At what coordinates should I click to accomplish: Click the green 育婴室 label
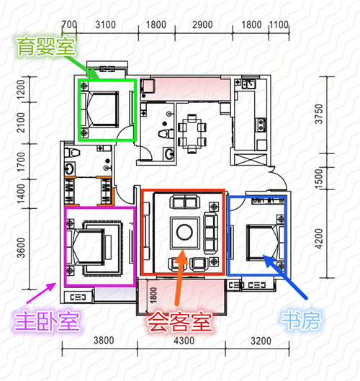(x=46, y=47)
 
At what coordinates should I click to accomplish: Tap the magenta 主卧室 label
(x=47, y=321)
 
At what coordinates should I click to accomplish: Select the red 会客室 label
(x=180, y=322)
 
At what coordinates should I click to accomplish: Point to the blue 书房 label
(x=301, y=321)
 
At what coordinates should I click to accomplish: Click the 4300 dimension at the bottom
(x=184, y=341)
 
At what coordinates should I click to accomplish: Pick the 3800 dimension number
(x=104, y=341)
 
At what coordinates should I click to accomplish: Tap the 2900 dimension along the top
(x=202, y=24)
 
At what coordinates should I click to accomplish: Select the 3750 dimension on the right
(x=319, y=114)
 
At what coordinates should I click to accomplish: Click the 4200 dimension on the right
(x=319, y=239)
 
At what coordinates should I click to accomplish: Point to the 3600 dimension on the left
(x=21, y=248)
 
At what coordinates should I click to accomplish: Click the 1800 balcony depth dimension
(x=153, y=295)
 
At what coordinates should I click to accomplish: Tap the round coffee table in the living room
(x=184, y=232)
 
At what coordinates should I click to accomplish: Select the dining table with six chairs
(x=192, y=134)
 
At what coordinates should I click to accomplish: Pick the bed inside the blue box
(x=265, y=243)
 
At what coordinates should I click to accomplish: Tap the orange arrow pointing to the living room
(x=180, y=277)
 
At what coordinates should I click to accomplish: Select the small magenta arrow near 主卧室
(x=41, y=293)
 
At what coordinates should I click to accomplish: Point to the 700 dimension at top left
(x=69, y=24)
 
